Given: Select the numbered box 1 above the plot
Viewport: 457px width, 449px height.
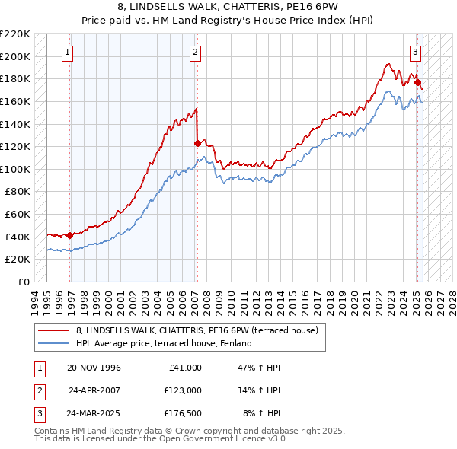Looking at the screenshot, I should [68, 53].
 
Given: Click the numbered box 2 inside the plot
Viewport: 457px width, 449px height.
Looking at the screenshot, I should [196, 53].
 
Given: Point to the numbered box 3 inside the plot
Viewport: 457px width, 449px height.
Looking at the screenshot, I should [415, 53].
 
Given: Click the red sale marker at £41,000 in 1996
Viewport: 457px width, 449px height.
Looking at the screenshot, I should [70, 235].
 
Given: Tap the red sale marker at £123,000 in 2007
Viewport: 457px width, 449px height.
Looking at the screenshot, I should [198, 143].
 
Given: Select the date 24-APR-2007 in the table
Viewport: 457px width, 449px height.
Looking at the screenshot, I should [94, 390].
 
